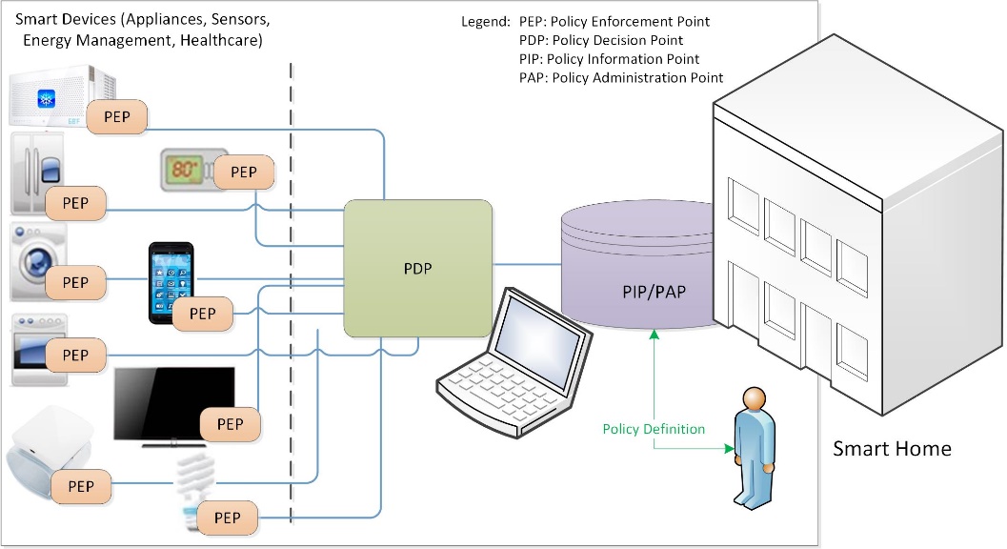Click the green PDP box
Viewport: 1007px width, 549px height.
417,268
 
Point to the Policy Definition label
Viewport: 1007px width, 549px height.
654,429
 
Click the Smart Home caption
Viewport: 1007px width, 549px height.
892,448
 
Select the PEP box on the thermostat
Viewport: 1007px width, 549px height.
244,173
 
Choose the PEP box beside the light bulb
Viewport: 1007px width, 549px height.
227,518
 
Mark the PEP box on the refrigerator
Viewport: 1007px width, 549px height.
75,202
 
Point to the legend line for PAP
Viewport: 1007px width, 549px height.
620,78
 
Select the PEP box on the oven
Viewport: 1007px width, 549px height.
75,355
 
